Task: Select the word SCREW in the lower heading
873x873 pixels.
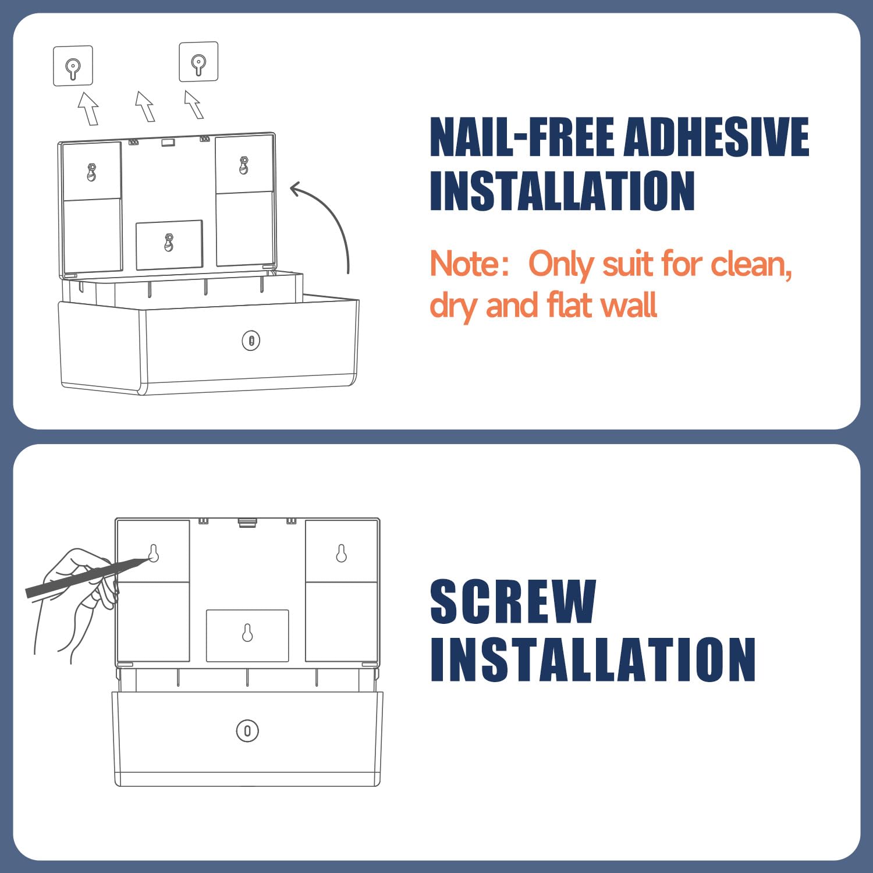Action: point(513,601)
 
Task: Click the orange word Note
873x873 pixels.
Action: point(464,264)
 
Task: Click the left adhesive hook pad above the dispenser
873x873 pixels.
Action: point(73,66)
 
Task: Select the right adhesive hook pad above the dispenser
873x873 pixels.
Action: point(198,62)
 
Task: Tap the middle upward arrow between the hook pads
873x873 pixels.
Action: point(145,106)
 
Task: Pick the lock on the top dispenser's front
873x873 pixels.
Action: point(251,340)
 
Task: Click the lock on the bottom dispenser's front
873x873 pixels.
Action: point(247,730)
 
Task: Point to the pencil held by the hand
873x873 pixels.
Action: point(87,576)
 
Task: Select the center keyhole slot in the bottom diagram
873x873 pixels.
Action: point(247,633)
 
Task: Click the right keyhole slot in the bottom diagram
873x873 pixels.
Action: point(342,553)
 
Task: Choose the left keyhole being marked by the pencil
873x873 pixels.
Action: point(154,553)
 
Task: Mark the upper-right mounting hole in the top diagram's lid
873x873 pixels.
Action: point(244,165)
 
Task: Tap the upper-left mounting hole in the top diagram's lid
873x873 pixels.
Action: point(91,172)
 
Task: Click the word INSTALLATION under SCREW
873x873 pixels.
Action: point(592,659)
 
